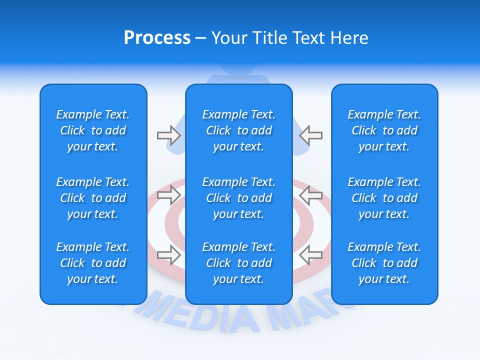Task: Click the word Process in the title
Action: [x=157, y=38]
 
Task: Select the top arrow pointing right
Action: [x=168, y=135]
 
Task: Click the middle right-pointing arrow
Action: [x=168, y=195]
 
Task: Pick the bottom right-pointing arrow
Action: [x=168, y=255]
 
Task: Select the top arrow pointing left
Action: [x=311, y=135]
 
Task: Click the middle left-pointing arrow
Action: [x=311, y=195]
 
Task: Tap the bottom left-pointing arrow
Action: [x=311, y=255]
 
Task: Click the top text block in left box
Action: [x=93, y=130]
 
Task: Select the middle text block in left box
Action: [x=93, y=198]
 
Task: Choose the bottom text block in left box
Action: [x=93, y=263]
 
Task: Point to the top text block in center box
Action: [x=238, y=130]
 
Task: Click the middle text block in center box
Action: [x=238, y=198]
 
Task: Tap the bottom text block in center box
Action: [x=238, y=263]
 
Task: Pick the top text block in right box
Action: [x=384, y=130]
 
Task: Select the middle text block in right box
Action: [x=384, y=198]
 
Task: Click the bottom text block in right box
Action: [x=384, y=263]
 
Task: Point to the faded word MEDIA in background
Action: [x=210, y=315]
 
